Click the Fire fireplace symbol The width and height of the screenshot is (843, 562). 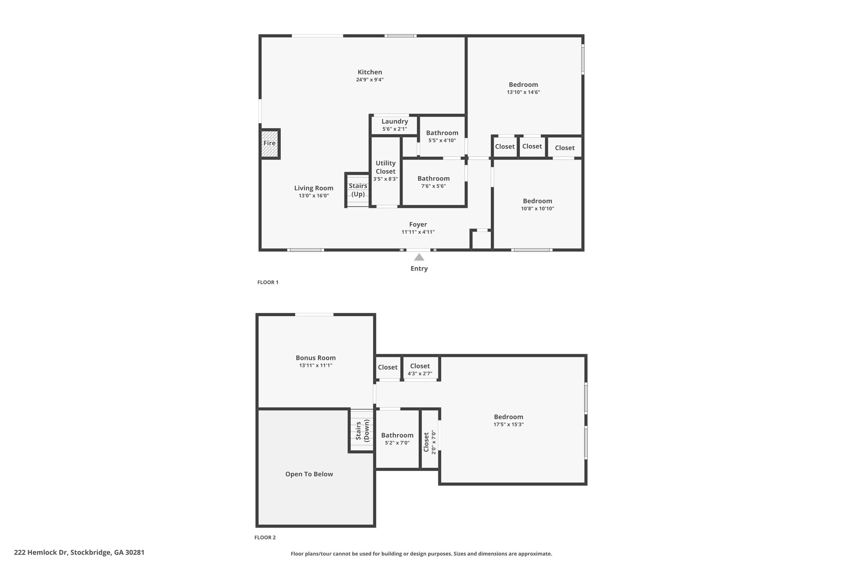tap(270, 143)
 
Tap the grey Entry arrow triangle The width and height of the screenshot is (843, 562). tap(419, 257)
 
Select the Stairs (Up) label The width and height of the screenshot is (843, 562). tap(358, 190)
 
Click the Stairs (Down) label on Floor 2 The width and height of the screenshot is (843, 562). tap(362, 430)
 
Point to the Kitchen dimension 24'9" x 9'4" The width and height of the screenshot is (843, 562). tap(370, 79)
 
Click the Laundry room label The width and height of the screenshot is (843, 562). tap(395, 121)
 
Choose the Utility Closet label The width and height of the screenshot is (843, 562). tap(386, 167)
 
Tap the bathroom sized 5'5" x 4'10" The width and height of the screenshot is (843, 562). tap(442, 136)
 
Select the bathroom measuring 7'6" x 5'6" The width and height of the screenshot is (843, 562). tap(433, 182)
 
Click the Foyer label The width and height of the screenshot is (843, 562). tap(418, 224)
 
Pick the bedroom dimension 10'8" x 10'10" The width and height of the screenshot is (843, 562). tap(538, 208)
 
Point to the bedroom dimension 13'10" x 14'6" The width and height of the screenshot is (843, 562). tap(524, 92)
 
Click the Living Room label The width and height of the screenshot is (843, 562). tap(314, 188)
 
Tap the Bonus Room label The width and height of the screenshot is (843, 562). tap(316, 358)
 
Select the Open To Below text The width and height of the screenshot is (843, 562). tap(309, 474)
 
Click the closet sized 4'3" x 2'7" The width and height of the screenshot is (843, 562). tap(420, 369)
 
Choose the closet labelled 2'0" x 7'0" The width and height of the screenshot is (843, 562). tap(430, 442)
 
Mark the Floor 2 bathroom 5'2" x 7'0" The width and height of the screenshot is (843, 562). tap(397, 438)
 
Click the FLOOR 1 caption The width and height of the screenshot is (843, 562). tap(268, 282)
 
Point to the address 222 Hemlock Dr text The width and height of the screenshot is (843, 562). tap(42, 553)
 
